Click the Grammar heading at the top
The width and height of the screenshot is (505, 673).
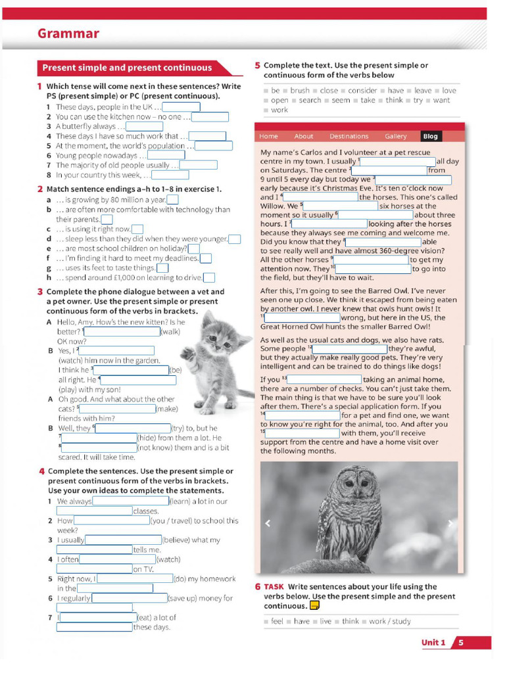click(68, 34)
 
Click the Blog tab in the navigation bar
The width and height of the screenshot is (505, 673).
click(430, 136)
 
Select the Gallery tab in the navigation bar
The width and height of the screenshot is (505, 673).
click(395, 136)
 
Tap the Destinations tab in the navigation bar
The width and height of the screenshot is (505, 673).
click(349, 136)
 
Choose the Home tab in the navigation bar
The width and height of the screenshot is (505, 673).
click(268, 136)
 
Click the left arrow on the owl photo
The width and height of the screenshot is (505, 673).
click(268, 523)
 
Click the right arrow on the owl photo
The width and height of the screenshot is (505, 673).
click(450, 523)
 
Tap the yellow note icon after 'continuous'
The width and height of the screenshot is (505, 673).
click(314, 606)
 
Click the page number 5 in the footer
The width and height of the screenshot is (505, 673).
click(461, 643)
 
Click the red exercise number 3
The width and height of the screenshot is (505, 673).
click(40, 292)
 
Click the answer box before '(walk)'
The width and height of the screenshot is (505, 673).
click(122, 332)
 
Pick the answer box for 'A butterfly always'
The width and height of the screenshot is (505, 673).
click(144, 126)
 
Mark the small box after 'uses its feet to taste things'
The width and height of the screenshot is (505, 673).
click(162, 267)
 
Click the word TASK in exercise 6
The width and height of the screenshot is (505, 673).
click(274, 587)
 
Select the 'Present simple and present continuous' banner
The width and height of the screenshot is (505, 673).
click(128, 68)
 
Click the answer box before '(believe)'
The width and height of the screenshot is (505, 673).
click(124, 540)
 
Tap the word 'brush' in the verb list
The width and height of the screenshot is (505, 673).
click(300, 91)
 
